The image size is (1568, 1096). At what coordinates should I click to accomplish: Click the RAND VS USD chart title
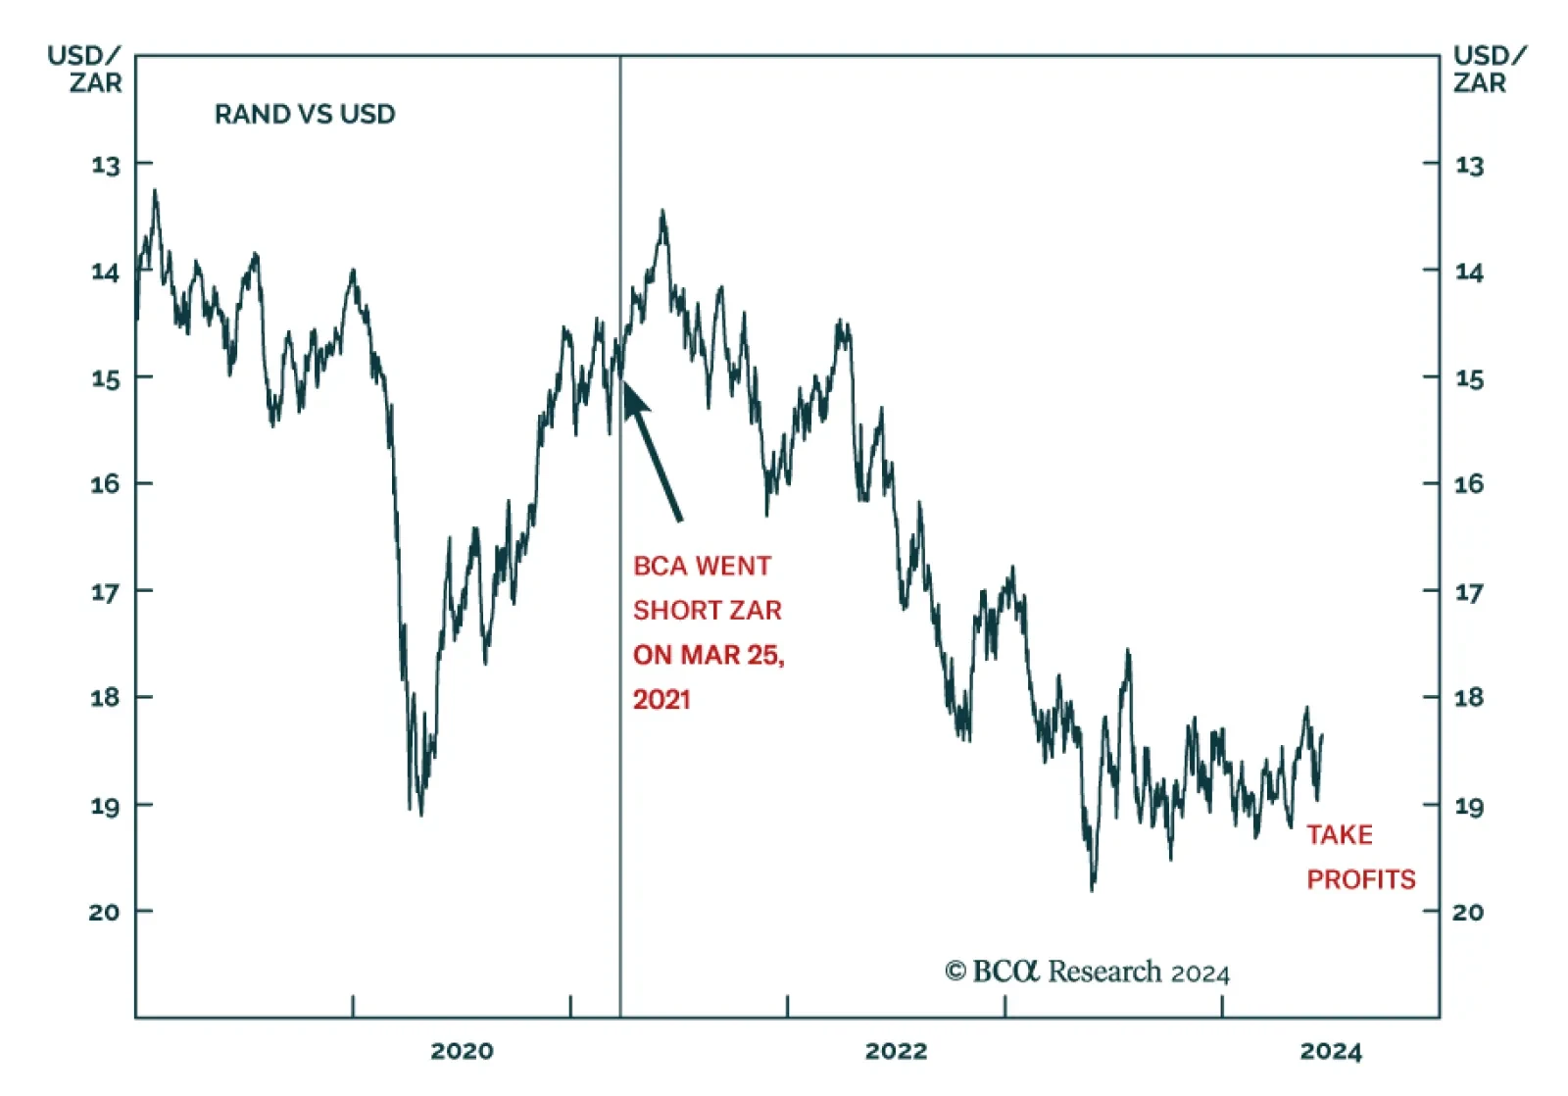tap(305, 115)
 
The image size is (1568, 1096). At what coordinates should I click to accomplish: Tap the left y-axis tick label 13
tap(105, 165)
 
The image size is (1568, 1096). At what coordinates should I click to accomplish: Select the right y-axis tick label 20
tap(1467, 913)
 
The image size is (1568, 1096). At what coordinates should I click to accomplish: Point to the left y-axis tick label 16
tap(105, 484)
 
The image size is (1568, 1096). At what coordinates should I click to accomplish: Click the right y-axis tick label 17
tap(1468, 592)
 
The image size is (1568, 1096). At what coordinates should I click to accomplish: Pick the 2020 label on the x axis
tap(462, 1052)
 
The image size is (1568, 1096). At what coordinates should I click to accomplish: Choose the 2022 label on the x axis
tap(896, 1052)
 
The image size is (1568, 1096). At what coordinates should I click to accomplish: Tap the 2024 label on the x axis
tap(1331, 1052)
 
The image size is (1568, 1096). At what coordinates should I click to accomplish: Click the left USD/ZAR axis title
tap(85, 69)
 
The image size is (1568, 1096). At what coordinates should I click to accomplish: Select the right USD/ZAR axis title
tap(1488, 69)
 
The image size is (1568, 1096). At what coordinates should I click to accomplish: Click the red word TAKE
tap(1339, 835)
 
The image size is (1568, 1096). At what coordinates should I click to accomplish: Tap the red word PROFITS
tap(1360, 879)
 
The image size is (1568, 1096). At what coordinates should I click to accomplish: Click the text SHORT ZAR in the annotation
tap(707, 611)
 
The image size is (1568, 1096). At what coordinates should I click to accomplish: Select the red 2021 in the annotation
tap(661, 700)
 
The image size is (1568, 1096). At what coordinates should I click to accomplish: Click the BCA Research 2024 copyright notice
tap(1086, 971)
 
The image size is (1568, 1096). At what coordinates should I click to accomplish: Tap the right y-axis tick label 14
tap(1468, 272)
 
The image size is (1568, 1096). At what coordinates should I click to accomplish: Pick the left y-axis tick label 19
tap(105, 807)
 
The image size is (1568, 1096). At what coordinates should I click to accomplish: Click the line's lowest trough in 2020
tap(421, 814)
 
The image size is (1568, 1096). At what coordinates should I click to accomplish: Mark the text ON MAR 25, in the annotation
tap(709, 655)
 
